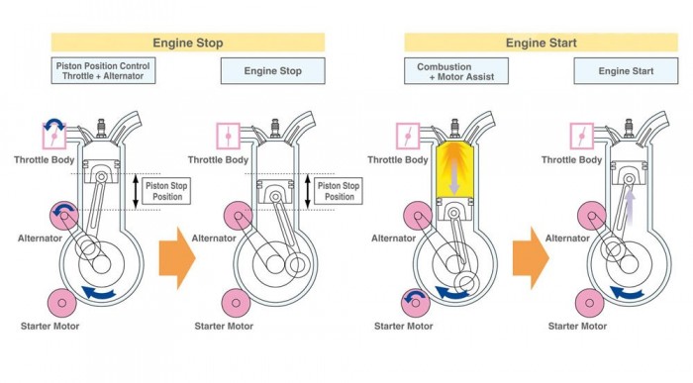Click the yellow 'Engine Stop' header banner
click(x=188, y=43)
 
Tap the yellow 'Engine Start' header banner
click(x=541, y=43)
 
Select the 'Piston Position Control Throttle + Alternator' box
click(x=103, y=70)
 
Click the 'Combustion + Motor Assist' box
click(x=456, y=71)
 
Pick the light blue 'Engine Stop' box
click(x=272, y=70)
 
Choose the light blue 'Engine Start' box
click(x=626, y=71)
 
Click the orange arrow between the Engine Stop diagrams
click(x=177, y=258)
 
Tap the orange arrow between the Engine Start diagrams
click(x=531, y=258)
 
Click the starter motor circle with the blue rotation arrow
click(x=416, y=303)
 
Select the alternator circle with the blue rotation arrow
click(x=64, y=216)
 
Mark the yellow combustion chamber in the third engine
click(x=453, y=170)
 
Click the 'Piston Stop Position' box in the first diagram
click(x=167, y=191)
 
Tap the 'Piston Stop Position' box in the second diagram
click(x=339, y=191)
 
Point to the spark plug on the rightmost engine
click(x=629, y=128)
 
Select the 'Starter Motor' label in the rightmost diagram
click(x=577, y=327)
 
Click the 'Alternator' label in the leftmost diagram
click(x=40, y=239)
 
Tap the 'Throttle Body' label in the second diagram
click(x=218, y=160)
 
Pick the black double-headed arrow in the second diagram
click(x=308, y=191)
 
